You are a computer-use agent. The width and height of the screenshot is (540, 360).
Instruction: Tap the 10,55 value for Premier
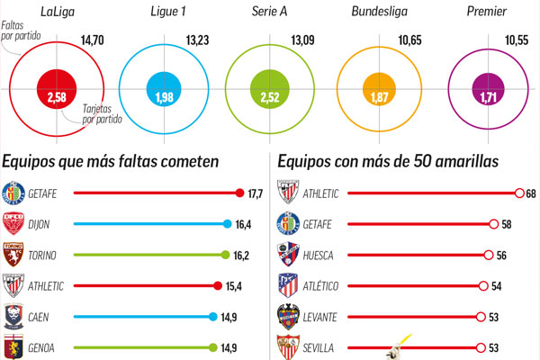pos(517,40)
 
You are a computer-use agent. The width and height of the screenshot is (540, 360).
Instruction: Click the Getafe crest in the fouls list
pos(14,193)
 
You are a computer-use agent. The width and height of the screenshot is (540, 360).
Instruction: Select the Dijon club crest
pos(14,223)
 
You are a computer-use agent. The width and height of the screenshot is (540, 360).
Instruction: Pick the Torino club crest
pos(14,256)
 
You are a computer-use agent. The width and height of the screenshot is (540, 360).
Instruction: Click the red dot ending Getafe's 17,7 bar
pos(239,193)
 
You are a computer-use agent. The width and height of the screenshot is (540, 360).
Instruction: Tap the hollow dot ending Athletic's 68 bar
pos(519,193)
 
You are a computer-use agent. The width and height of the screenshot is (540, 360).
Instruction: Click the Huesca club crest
pos(288,256)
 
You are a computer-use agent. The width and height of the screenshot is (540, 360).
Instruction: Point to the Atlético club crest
pos(288,286)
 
